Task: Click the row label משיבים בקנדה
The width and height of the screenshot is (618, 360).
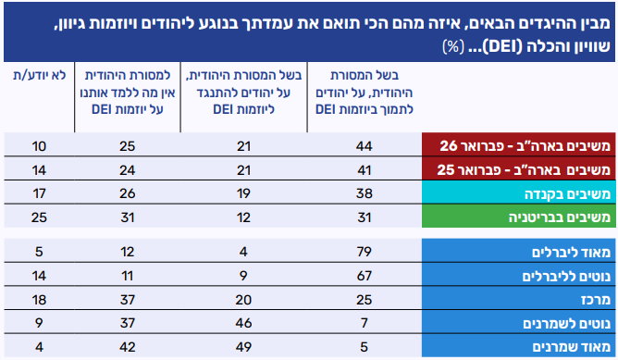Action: (x=567, y=194)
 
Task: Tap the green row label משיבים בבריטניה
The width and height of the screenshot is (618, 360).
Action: (x=560, y=217)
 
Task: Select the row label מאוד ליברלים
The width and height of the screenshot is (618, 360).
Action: (x=571, y=252)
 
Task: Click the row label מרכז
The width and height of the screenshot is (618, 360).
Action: (x=596, y=300)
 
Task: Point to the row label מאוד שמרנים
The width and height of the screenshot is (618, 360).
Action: (x=572, y=347)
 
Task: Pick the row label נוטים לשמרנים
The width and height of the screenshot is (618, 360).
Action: (x=567, y=323)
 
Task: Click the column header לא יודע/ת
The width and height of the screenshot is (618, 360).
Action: (x=40, y=75)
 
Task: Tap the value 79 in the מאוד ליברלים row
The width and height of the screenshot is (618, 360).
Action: (x=364, y=252)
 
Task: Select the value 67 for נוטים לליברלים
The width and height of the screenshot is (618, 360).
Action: (x=364, y=276)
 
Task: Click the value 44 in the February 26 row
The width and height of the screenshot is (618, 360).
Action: (x=364, y=146)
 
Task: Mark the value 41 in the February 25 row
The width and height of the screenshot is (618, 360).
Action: (x=364, y=170)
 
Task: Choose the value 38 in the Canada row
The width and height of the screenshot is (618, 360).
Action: (x=364, y=193)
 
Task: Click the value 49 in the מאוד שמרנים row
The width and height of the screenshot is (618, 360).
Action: (x=243, y=347)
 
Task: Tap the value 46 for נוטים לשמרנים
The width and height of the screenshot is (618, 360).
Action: (x=243, y=323)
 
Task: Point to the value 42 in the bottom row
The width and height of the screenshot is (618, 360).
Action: (x=128, y=347)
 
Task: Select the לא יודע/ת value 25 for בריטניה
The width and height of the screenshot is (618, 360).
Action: (x=39, y=217)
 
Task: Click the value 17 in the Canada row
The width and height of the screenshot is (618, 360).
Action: (x=39, y=193)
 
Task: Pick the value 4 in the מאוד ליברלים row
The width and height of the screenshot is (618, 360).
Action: (x=243, y=252)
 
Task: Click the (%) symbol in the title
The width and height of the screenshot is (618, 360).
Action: (x=452, y=46)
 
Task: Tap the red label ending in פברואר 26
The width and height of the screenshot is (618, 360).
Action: (x=525, y=146)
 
